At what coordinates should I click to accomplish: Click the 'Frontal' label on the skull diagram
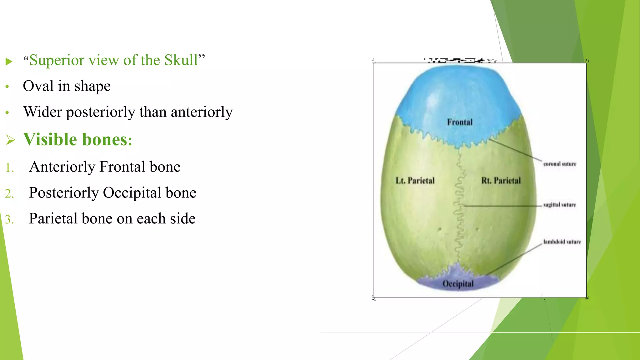pyautogui.click(x=460, y=122)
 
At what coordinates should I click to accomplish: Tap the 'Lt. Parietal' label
pyautogui.click(x=415, y=181)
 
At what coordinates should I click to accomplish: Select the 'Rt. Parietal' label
pyautogui.click(x=501, y=181)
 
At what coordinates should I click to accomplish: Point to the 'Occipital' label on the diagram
pyautogui.click(x=458, y=284)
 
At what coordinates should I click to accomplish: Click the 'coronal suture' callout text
pyautogui.click(x=559, y=164)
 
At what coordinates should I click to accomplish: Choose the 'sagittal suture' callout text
pyautogui.click(x=559, y=205)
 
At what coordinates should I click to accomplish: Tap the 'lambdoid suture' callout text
pyautogui.click(x=562, y=242)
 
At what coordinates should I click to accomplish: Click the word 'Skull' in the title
pyautogui.click(x=181, y=60)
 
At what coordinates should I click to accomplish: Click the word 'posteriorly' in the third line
pyautogui.click(x=100, y=112)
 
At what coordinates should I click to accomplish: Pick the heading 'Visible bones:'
pyautogui.click(x=78, y=139)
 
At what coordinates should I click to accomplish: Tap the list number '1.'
pyautogui.click(x=10, y=168)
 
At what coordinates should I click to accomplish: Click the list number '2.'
pyautogui.click(x=10, y=194)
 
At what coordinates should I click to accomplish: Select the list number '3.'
pyautogui.click(x=10, y=219)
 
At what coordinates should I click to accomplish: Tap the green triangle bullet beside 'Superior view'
pyautogui.click(x=9, y=61)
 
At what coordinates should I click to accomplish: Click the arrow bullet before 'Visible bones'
pyautogui.click(x=10, y=140)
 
